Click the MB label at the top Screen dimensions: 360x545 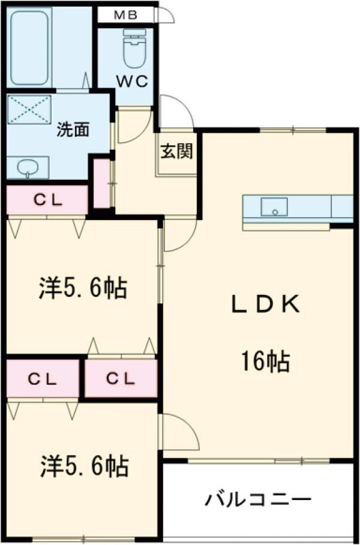coord(125,16)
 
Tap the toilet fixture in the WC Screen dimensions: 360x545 coord(134,48)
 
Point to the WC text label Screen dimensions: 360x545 coord(132,82)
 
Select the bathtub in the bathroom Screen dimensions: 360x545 coord(29,47)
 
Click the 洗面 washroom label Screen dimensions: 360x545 coord(73,130)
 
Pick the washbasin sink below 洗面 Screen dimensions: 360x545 coord(28,167)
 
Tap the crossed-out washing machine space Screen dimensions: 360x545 coord(29,109)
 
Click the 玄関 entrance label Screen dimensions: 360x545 coord(176,152)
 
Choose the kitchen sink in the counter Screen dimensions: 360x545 coord(274,207)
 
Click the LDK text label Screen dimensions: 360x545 coord(266,305)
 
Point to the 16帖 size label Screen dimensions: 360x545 coord(265,361)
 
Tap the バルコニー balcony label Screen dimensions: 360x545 coord(258,500)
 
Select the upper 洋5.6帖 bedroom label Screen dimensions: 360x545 coord(82,288)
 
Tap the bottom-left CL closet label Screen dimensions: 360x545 coord(42,379)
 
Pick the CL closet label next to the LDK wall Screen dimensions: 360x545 coord(121,379)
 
